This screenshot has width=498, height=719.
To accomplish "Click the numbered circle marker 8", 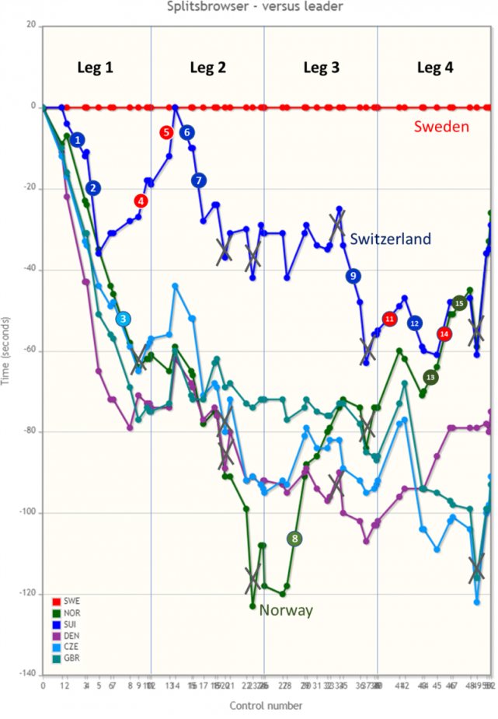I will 294,539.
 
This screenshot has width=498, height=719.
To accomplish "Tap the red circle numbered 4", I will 141,201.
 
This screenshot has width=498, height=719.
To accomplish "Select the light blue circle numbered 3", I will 123,319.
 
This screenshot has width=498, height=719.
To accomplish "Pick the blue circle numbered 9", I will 353,276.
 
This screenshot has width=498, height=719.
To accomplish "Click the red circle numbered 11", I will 389,319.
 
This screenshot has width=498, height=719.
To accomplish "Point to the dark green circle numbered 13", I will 430,377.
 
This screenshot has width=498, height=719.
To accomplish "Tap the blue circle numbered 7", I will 198,180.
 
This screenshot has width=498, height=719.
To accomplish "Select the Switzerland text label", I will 390,239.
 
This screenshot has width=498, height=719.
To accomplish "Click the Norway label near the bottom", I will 286,610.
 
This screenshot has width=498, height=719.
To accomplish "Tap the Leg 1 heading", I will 95,67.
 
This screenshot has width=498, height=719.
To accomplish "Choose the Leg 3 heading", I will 321,67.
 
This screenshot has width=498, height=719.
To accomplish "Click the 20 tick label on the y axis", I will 30,26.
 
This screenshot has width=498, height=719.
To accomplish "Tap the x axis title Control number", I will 266,706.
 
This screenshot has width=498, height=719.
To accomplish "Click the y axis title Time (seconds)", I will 7,351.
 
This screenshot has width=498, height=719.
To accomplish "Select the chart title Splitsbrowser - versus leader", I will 249,6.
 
